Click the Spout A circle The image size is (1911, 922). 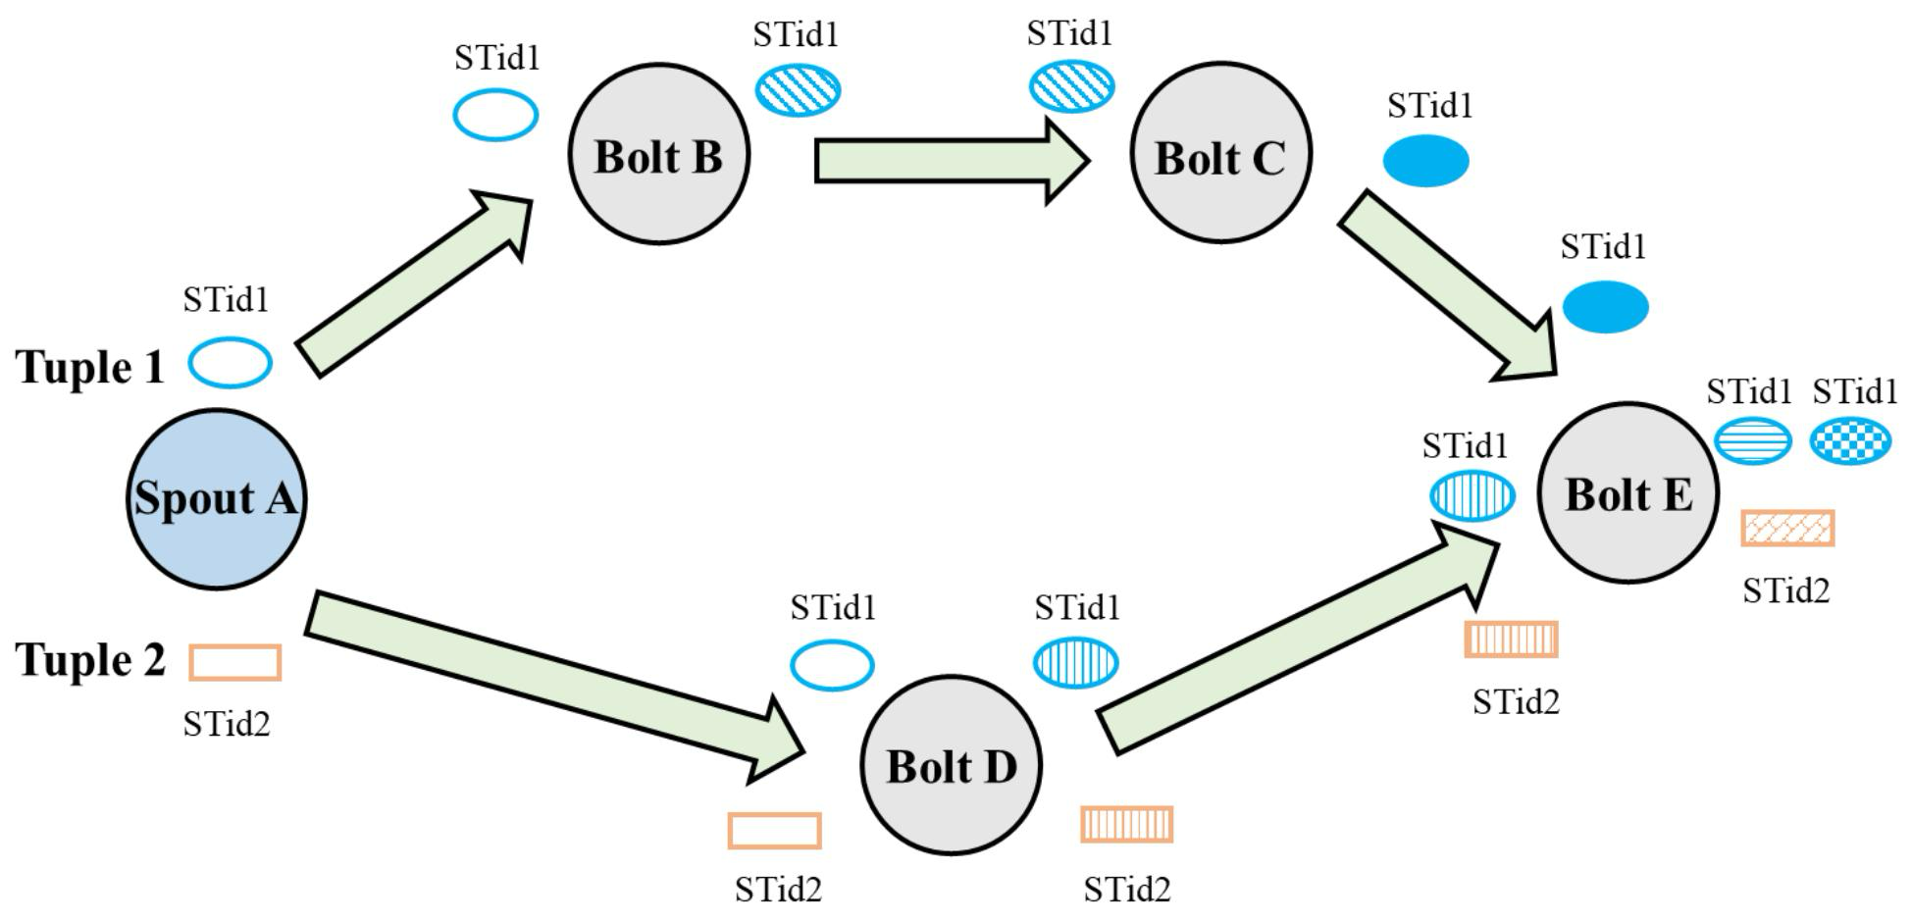pos(216,498)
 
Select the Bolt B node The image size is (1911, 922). pos(659,154)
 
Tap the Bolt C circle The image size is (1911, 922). pos(1220,153)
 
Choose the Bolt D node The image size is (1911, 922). pos(952,765)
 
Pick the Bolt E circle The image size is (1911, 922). pos(1628,492)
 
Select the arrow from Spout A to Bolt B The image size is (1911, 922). pos(414,283)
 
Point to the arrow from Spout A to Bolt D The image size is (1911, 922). pos(555,687)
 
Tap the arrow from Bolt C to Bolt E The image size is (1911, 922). pos(1449,284)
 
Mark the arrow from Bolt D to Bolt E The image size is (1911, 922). pos(1298,638)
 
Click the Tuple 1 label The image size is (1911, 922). pos(90,367)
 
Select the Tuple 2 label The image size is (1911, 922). pos(90,659)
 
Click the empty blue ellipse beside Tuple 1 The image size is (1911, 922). pos(231,363)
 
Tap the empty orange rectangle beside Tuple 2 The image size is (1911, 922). pos(235,662)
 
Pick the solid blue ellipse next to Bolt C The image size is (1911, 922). pos(1426,161)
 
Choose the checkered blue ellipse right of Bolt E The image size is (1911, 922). pos(1850,440)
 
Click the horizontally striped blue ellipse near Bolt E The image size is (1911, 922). pos(1753,440)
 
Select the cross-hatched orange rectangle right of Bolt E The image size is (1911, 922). pos(1787,529)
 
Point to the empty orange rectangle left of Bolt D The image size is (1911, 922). pos(775,831)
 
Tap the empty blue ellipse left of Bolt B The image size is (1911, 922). pos(495,115)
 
